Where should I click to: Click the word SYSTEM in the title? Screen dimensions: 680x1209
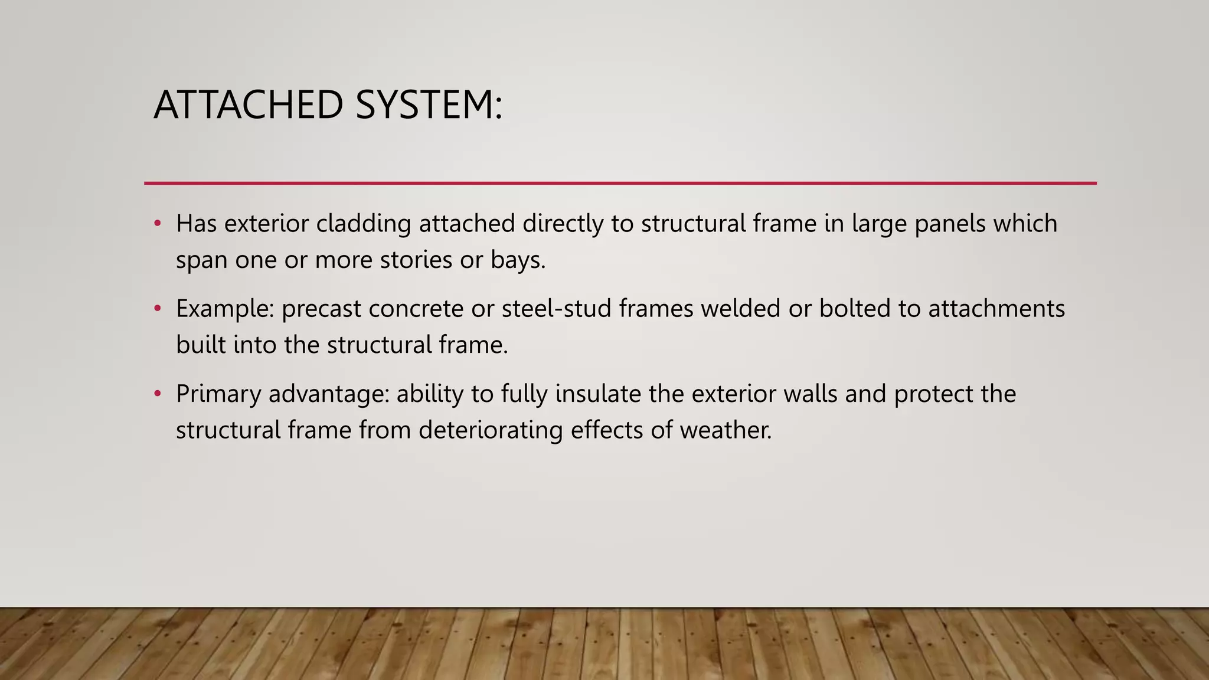(429, 105)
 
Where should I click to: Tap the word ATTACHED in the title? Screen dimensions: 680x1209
(249, 105)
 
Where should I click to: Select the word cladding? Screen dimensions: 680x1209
(364, 224)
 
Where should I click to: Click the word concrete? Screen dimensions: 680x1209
(416, 309)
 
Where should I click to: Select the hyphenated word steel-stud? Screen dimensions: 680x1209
(556, 309)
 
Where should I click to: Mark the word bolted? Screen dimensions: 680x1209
(854, 309)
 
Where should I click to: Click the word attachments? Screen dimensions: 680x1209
(996, 309)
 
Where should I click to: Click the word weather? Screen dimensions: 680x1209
(726, 430)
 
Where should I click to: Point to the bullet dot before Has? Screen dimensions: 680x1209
(157, 224)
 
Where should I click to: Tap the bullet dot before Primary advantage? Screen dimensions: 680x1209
(157, 394)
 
